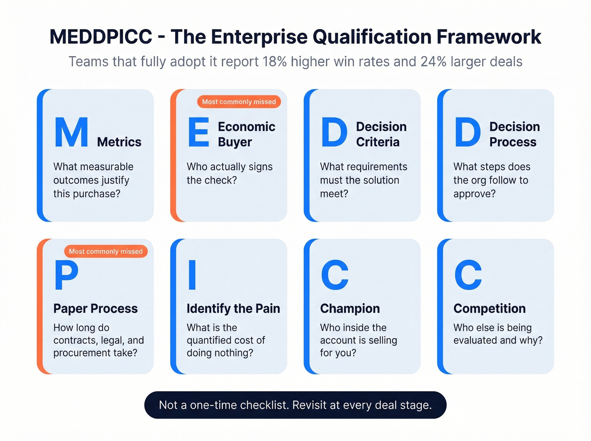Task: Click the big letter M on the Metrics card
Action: (71, 132)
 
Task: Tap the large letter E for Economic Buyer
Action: (198, 132)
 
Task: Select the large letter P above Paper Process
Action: (66, 275)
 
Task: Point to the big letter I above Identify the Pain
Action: (192, 275)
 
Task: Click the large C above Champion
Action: (334, 275)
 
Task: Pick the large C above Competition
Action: (468, 275)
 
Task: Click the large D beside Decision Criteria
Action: (334, 132)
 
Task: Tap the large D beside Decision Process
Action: (467, 132)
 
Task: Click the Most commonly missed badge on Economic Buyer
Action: (239, 102)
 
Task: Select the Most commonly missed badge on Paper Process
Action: (106, 252)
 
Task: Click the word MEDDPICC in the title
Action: (101, 37)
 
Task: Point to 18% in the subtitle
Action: (274, 62)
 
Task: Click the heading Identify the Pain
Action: (233, 308)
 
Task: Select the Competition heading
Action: (489, 308)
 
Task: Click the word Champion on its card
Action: (350, 308)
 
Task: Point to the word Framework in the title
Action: (489, 37)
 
